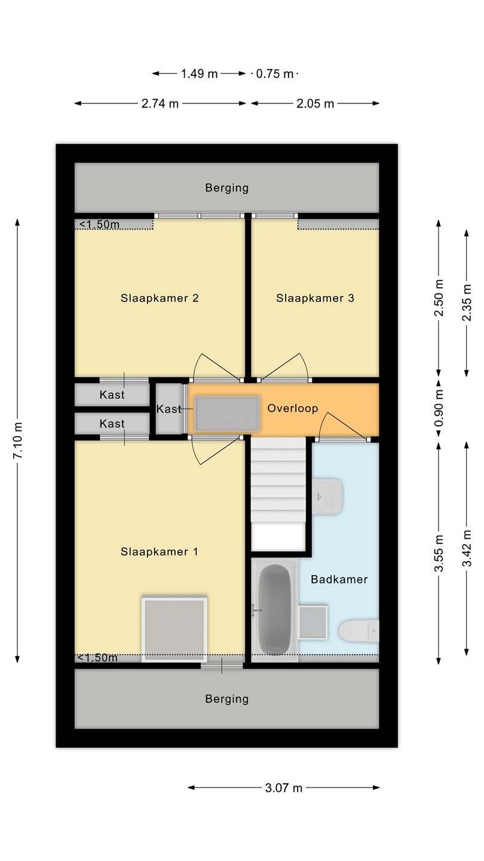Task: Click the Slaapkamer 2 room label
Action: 160,298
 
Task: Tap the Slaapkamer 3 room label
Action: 315,298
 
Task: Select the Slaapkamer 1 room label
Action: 159,552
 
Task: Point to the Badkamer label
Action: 339,579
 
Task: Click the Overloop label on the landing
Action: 293,408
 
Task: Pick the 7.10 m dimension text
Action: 18,440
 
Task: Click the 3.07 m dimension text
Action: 283,787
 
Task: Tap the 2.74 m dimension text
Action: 160,103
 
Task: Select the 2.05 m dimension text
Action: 315,103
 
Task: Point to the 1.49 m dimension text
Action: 199,74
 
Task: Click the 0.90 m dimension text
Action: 439,408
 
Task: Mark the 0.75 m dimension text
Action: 275,74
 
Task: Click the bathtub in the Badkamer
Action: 274,609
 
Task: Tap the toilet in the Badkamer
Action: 359,631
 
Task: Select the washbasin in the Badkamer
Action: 326,496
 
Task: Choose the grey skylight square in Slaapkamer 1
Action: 174,629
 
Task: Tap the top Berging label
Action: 226,188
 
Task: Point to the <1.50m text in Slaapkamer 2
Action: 99,224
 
